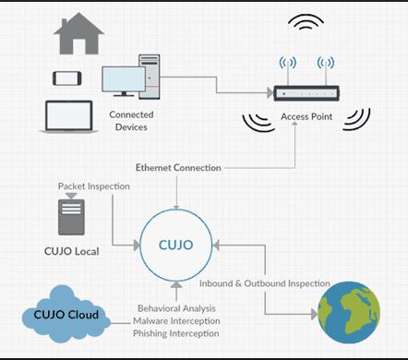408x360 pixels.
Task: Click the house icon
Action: (x=78, y=34)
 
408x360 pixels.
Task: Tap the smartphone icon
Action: (x=67, y=78)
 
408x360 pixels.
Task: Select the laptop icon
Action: (x=69, y=117)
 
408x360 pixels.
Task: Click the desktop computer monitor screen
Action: (x=124, y=79)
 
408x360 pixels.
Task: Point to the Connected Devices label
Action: (x=131, y=121)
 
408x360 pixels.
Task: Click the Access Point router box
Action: (x=306, y=93)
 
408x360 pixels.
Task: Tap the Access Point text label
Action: (x=306, y=117)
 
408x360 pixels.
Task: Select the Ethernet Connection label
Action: (x=178, y=168)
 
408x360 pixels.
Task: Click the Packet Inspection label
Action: (x=94, y=186)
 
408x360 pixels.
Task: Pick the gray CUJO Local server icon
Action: (x=71, y=217)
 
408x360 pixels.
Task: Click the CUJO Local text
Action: (x=72, y=251)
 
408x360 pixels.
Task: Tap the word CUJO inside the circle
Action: (x=175, y=245)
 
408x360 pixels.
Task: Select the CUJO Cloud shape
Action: (x=66, y=314)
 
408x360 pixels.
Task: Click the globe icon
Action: (x=349, y=313)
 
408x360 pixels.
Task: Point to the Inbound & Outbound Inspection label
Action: (x=265, y=283)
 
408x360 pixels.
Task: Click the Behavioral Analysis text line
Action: (x=176, y=308)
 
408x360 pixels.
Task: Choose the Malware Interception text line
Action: (x=176, y=321)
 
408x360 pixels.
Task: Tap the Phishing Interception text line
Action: (x=176, y=333)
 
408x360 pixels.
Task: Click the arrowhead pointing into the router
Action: (x=270, y=92)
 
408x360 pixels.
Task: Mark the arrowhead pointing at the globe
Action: (x=314, y=315)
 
